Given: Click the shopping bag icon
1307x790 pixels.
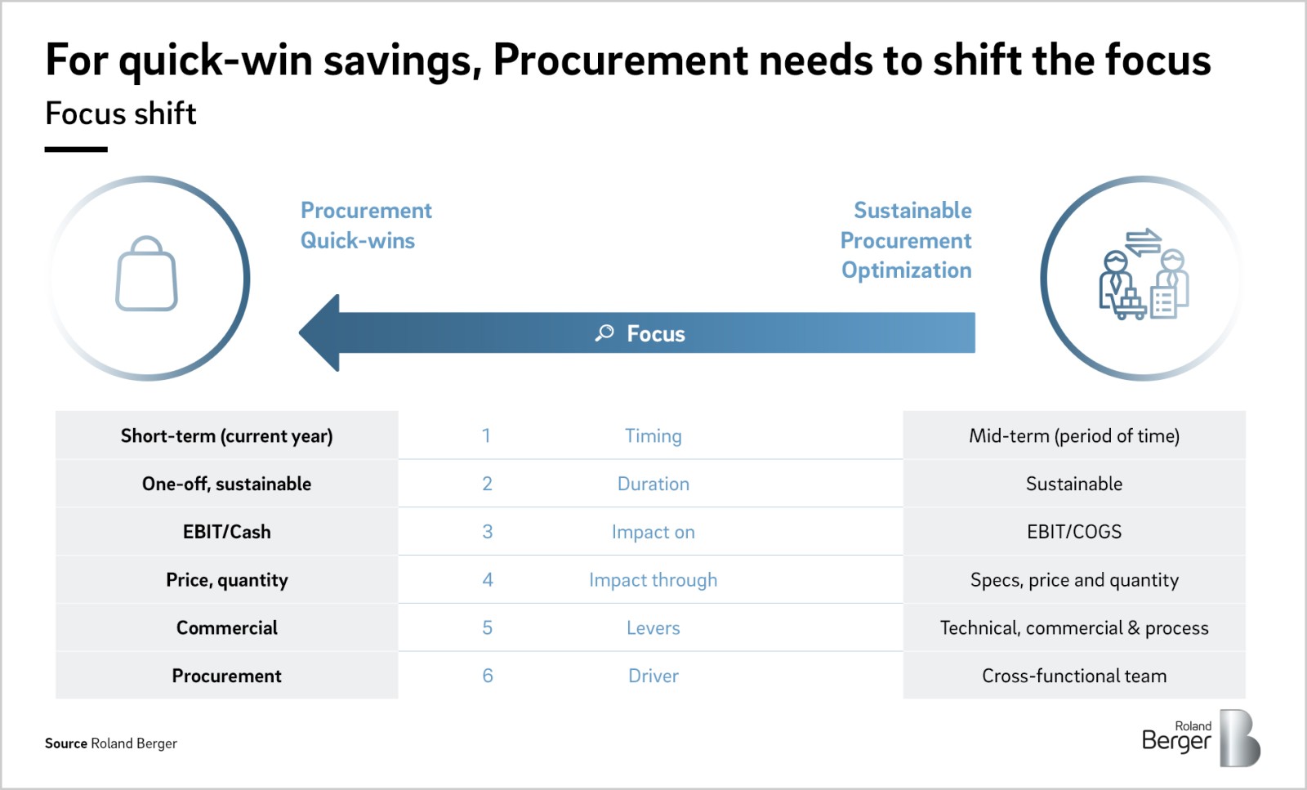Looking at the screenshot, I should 147,275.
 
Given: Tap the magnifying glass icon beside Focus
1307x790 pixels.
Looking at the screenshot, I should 604,333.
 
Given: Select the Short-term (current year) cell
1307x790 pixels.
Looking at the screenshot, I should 226,435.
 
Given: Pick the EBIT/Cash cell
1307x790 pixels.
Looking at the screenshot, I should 226,532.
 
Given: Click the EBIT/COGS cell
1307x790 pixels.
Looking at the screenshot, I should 1073,532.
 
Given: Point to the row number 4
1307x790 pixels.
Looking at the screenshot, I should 488,580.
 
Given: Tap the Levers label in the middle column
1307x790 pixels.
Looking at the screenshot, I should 653,628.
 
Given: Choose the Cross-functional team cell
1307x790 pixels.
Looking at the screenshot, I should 1073,676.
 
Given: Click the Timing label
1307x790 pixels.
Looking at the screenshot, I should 653,436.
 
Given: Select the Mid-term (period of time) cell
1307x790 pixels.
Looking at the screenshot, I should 1073,436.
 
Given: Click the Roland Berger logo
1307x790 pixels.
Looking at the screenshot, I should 1201,738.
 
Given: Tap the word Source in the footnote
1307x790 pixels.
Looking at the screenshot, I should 66,743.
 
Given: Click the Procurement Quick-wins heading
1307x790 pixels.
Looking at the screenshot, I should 365,225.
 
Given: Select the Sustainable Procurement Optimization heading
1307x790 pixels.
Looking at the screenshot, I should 907,240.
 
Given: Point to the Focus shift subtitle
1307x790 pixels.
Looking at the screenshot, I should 121,114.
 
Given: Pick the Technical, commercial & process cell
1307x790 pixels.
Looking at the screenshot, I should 1073,628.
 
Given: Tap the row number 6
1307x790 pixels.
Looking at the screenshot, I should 488,676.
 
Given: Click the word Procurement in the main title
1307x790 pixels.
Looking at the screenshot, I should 621,60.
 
